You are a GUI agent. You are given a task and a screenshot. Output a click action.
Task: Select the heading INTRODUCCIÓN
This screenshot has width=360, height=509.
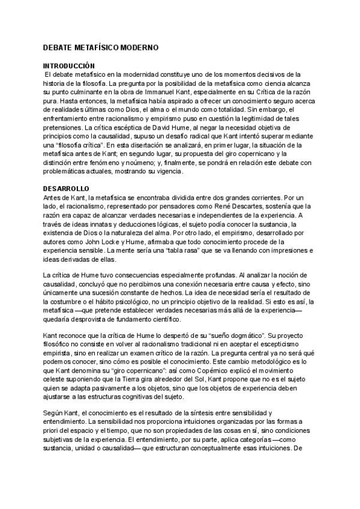coord(70,65)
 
